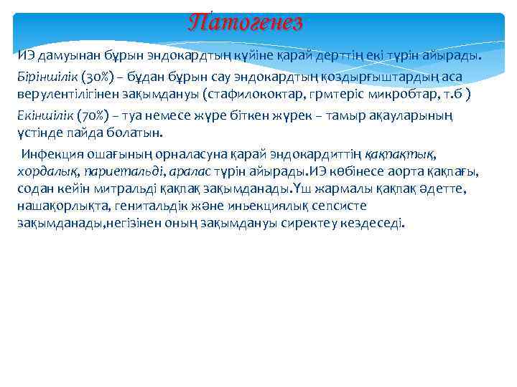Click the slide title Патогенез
pos(246,22)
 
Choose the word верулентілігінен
pos(65,94)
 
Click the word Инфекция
pos(52,153)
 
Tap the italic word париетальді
pos(117,171)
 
